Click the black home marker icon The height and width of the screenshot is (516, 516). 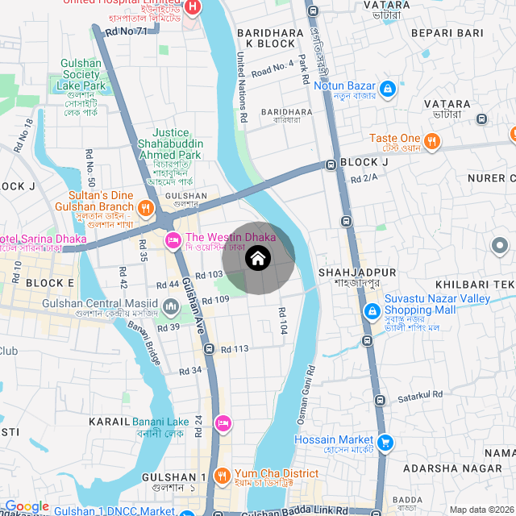tap(257, 259)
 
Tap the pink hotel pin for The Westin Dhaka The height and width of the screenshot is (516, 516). tap(173, 240)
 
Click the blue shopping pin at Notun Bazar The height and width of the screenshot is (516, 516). tap(386, 87)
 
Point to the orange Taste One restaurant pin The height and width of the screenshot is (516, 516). tap(432, 141)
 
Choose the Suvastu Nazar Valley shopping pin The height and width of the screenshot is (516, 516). tap(372, 311)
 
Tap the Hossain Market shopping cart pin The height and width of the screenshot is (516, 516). tap(385, 441)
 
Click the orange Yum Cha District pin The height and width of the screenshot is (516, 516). tap(223, 474)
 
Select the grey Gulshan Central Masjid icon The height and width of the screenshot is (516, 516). tap(171, 306)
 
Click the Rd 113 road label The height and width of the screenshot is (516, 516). tap(235, 348)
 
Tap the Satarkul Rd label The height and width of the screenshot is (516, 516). tap(420, 395)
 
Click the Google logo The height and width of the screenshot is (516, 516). tap(27, 506)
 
